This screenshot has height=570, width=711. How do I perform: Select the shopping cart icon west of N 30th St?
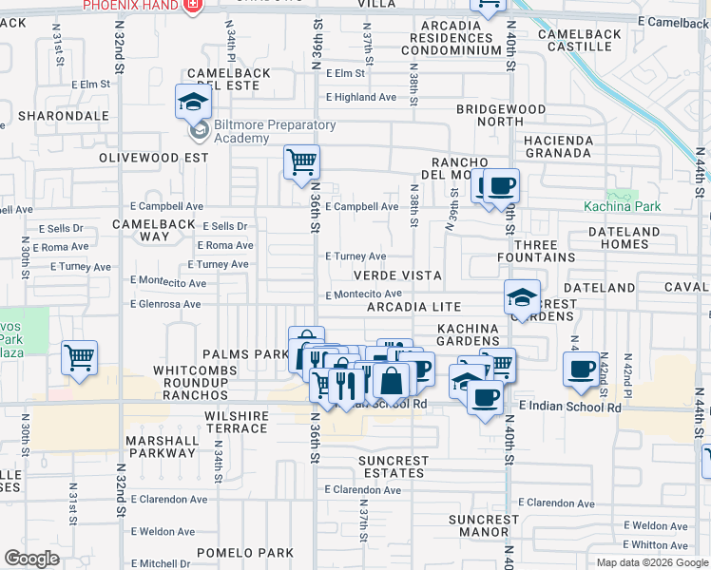(80, 358)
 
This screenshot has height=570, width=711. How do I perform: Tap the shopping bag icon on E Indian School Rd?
(391, 381)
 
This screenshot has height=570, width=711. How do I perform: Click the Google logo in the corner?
(30, 559)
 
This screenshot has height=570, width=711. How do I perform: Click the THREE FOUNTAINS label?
(537, 251)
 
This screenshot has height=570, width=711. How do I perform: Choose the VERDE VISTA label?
(397, 275)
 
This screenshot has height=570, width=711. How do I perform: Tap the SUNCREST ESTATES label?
(392, 466)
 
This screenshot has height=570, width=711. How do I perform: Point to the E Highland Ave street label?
(361, 97)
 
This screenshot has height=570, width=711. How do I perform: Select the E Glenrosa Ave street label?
(166, 304)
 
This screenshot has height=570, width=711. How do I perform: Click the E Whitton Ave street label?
(660, 544)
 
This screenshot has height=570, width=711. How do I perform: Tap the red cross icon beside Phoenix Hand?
(194, 6)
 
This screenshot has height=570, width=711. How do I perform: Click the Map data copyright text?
(651, 562)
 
